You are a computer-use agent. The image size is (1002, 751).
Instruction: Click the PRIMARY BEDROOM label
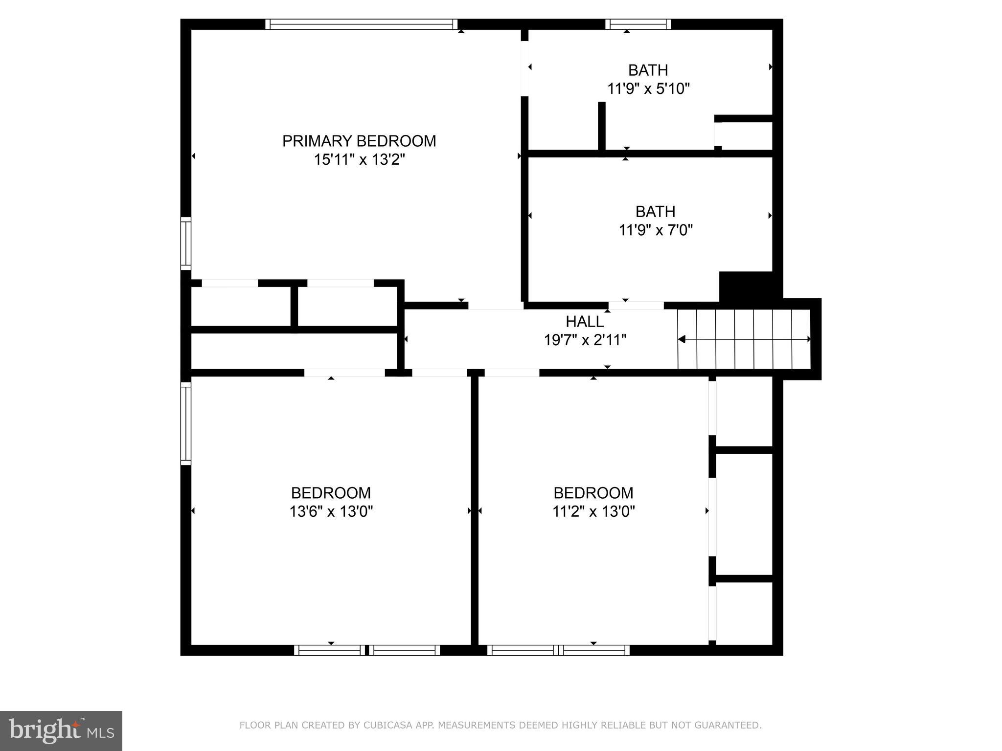tap(359, 141)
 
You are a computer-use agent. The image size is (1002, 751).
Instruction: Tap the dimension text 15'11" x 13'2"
tap(359, 160)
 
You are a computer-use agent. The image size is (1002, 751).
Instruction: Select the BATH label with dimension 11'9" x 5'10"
tap(648, 70)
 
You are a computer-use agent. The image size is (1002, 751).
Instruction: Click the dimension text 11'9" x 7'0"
tap(655, 230)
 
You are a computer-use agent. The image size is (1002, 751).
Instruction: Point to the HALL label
tap(584, 322)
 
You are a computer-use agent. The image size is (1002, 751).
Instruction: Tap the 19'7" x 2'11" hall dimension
tap(585, 340)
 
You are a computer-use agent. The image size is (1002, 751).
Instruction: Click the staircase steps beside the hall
tap(744, 339)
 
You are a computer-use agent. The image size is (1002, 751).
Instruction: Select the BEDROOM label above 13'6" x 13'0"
tap(331, 492)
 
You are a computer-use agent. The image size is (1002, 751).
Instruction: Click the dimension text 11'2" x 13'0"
tap(593, 511)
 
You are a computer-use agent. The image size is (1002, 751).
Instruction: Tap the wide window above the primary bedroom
tap(362, 24)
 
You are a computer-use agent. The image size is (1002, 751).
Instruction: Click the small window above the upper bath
tap(638, 24)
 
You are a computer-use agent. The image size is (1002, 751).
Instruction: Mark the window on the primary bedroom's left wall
tap(186, 243)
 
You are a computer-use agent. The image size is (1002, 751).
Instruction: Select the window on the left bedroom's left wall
tap(186, 423)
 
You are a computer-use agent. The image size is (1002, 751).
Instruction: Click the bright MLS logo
tap(61, 730)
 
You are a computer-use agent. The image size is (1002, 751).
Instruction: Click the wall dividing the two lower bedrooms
tap(474, 511)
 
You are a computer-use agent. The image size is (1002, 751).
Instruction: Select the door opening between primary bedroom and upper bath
tap(524, 68)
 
